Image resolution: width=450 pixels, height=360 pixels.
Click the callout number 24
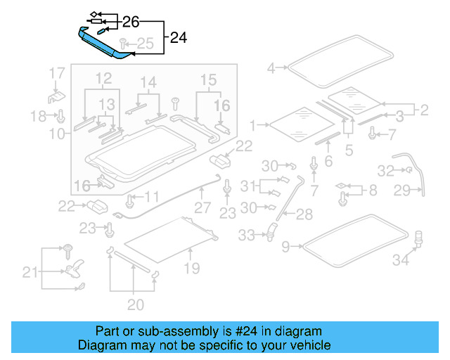point(179,38)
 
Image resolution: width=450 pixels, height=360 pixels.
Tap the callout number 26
point(131,21)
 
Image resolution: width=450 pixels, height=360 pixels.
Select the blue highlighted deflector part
point(105,44)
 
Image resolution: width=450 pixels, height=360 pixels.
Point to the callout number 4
point(271,68)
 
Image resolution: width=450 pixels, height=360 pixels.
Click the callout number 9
point(285,247)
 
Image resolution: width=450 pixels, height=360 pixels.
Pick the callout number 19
point(191,268)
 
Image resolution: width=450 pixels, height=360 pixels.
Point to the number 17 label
point(57,72)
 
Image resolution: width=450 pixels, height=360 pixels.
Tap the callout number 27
point(202,207)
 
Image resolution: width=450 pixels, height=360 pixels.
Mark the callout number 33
point(246,236)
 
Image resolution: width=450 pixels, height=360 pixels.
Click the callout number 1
point(255,126)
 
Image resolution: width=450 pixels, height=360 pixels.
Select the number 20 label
point(135,304)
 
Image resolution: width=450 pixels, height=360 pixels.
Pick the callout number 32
point(386,170)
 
